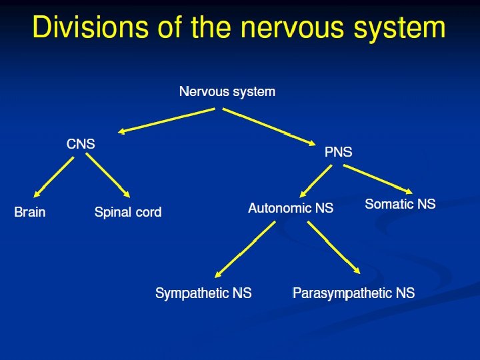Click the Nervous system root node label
coord(227,91)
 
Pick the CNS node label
coord(81,144)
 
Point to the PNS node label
coord(338,153)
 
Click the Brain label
coord(30,213)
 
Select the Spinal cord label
coord(128,213)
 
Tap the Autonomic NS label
coord(291,208)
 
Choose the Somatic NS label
coord(400,204)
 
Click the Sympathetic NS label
coord(203,293)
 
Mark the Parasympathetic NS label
coord(354,293)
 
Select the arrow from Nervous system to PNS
coord(271,127)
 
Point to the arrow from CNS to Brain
coord(53,176)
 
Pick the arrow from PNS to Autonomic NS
coord(316,180)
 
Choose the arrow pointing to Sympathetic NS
coord(245,250)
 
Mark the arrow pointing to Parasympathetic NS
coord(333,248)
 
